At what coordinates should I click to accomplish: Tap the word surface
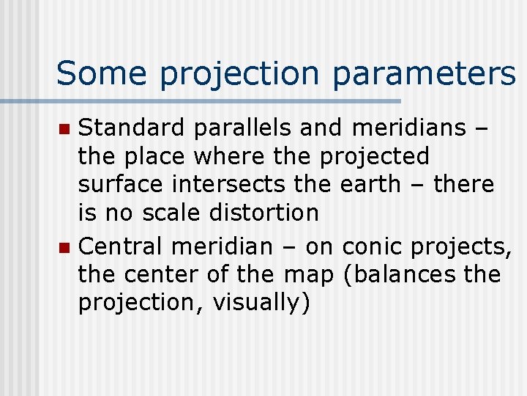coord(120,185)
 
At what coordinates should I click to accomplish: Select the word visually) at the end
coord(261,301)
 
